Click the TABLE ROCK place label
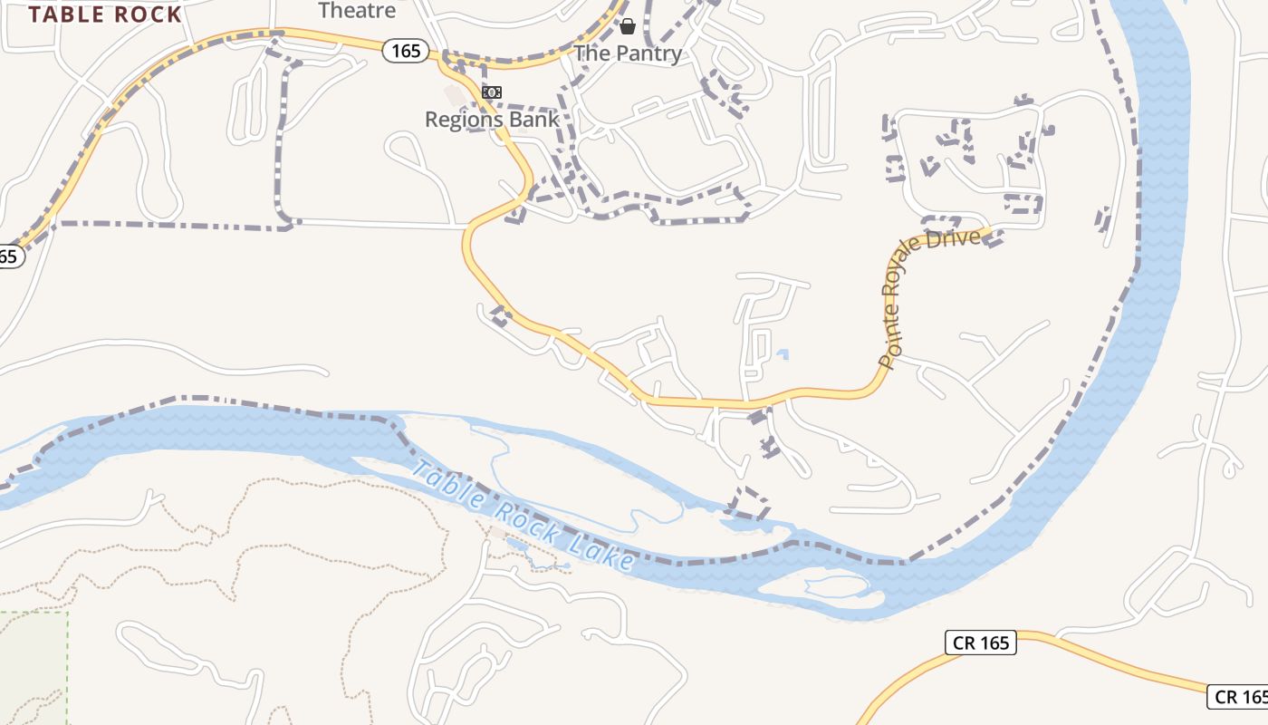click(x=105, y=14)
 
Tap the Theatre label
click(x=357, y=11)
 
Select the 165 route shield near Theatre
click(x=405, y=51)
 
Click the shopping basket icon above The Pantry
click(x=627, y=26)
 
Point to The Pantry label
click(x=628, y=53)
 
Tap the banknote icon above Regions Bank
click(x=492, y=92)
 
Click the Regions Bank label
click(x=492, y=119)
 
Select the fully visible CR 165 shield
click(x=981, y=643)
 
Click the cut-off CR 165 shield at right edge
click(x=1239, y=696)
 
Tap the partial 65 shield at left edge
click(x=9, y=256)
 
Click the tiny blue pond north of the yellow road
click(x=783, y=354)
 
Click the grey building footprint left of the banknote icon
click(x=453, y=94)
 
